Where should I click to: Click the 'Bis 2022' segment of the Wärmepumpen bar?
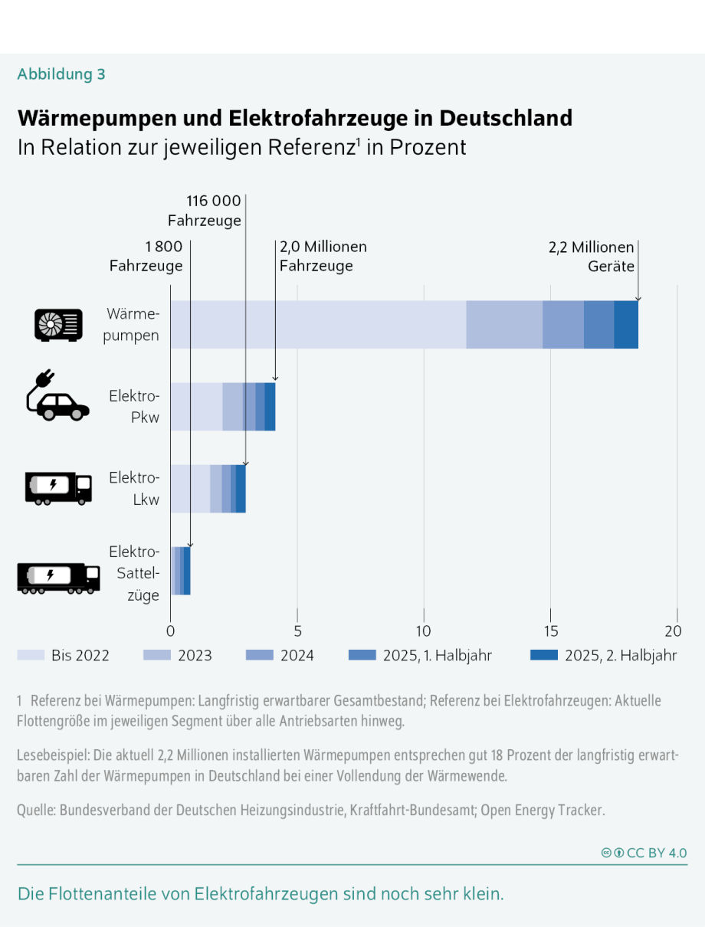(x=318, y=325)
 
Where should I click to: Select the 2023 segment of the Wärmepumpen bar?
(x=504, y=325)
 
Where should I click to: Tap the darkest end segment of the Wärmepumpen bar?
(x=626, y=325)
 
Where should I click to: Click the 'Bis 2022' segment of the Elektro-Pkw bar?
(x=196, y=407)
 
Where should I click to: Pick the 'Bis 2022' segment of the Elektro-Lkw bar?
(x=190, y=489)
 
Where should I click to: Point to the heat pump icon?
(x=58, y=325)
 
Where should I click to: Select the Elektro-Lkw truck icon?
(x=58, y=489)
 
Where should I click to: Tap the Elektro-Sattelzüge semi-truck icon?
(x=58, y=577)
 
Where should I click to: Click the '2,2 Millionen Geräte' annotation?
(x=591, y=257)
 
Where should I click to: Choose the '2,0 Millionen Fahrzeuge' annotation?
(x=323, y=257)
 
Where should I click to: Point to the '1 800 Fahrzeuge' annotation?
(x=146, y=257)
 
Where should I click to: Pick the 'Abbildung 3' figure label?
(x=61, y=74)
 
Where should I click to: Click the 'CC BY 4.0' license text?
(x=656, y=853)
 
